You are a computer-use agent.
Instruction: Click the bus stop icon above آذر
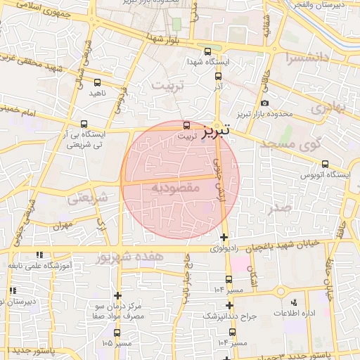point(218,76)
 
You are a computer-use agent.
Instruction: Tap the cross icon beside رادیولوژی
point(224,237)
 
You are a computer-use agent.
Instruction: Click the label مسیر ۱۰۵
point(117,343)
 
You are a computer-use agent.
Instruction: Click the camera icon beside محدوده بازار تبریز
point(264,104)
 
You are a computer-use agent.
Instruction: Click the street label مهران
point(62,226)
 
